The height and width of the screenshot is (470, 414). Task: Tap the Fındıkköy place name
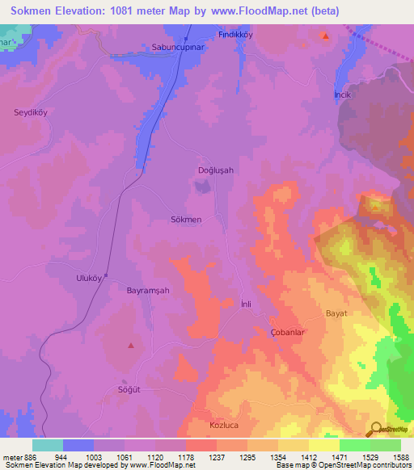237,36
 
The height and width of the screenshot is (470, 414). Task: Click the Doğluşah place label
216,170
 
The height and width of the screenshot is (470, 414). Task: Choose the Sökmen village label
186,219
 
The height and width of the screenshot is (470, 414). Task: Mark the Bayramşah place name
149,289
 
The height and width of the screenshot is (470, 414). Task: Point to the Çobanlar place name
286,332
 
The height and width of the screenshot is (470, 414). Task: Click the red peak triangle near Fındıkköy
325,36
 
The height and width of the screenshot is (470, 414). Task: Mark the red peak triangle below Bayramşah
131,346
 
